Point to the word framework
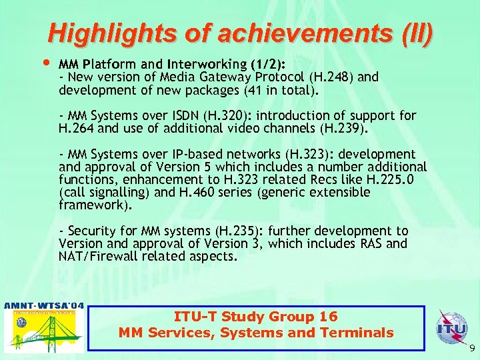pos(89,205)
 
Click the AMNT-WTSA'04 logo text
pos(44,306)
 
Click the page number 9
pos(472,349)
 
